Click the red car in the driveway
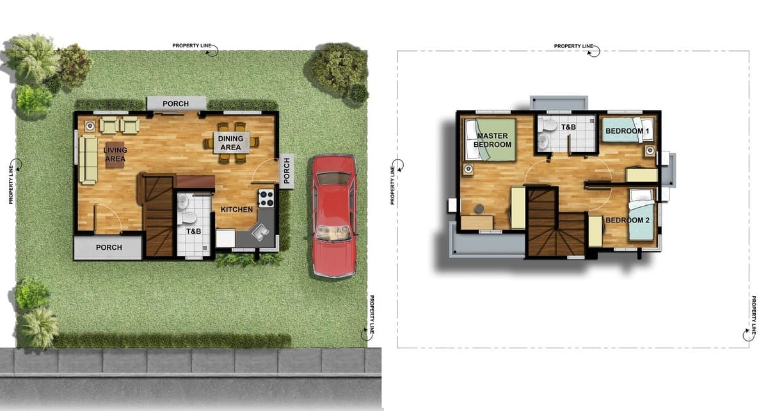[334, 216]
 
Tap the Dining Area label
[230, 143]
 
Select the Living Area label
[115, 155]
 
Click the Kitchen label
[237, 209]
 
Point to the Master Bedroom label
[492, 140]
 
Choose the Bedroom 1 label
[627, 131]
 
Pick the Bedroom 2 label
[627, 220]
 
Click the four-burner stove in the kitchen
[266, 198]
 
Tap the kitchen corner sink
[260, 232]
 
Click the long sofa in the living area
[88, 160]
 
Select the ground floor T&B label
[193, 231]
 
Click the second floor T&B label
[568, 127]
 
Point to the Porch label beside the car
[287, 171]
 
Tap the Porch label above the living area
[175, 104]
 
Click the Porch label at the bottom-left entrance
[109, 247]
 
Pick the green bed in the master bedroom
[491, 139]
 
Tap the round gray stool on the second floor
[479, 208]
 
